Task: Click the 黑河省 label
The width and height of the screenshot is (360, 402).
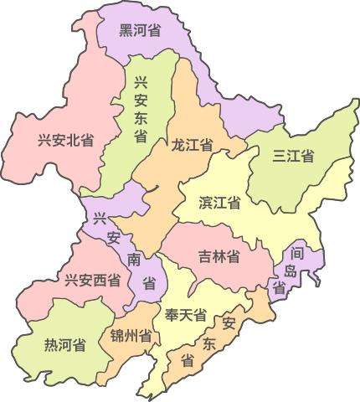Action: (x=140, y=30)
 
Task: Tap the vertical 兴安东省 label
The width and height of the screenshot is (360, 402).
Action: (x=141, y=108)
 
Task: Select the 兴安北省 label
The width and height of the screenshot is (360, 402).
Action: (x=65, y=140)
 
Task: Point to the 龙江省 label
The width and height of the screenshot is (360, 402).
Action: (x=191, y=145)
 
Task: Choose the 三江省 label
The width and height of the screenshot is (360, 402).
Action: (x=293, y=156)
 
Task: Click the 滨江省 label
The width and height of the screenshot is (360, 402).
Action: (x=220, y=203)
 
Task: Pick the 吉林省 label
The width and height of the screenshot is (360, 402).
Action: (x=219, y=255)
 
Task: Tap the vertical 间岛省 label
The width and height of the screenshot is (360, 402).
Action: (x=291, y=269)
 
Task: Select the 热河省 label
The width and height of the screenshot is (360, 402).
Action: (x=65, y=344)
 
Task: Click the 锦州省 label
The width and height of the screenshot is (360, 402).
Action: (x=131, y=337)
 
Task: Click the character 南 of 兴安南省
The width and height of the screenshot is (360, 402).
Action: (x=134, y=259)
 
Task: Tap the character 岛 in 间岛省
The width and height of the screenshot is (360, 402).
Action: (x=291, y=270)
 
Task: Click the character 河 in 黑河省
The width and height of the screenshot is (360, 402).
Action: (x=140, y=30)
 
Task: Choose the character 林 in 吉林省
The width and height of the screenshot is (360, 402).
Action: (x=219, y=255)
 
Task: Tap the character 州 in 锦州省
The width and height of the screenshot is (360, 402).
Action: (x=131, y=337)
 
